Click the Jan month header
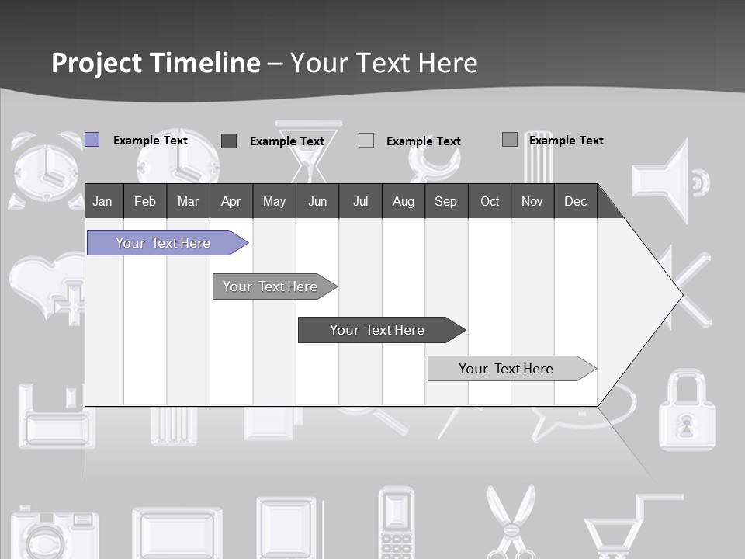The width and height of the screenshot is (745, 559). tap(103, 201)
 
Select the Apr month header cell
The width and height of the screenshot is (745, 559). tap(231, 201)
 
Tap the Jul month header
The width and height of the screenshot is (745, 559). tap(360, 201)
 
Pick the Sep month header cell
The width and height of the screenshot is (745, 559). tap(446, 201)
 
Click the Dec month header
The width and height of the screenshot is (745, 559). tap(575, 201)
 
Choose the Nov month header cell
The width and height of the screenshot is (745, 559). tap(532, 201)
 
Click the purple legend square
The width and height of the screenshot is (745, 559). tap(92, 140)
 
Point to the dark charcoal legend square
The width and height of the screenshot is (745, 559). tap(229, 141)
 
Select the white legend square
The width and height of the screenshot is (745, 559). tap(366, 141)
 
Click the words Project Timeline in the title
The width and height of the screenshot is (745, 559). tap(156, 63)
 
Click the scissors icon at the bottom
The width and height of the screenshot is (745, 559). tap(511, 520)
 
